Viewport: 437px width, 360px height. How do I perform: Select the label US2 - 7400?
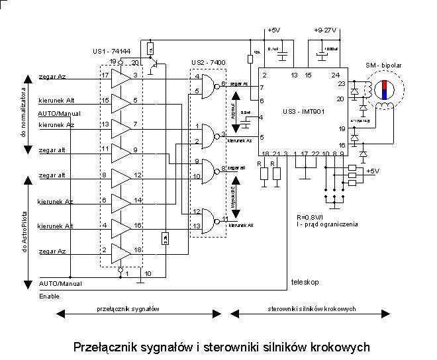coord(207,62)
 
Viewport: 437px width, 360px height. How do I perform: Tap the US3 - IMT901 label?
coord(301,109)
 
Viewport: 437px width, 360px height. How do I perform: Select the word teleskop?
coord(305,283)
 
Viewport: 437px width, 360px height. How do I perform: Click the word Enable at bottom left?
coord(49,296)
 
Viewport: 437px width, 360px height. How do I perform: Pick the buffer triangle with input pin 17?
coord(121,79)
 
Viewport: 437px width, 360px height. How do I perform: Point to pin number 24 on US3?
coord(335,75)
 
